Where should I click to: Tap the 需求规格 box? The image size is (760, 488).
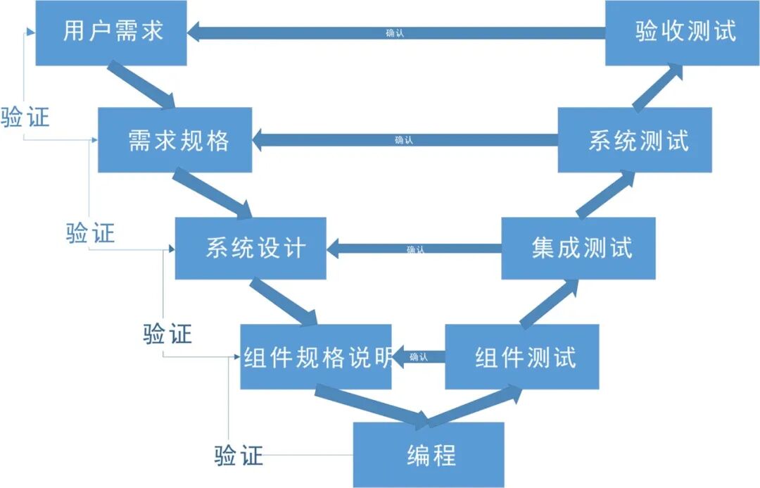click(x=175, y=139)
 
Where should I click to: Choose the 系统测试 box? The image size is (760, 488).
click(x=634, y=139)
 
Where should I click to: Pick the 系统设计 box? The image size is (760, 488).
click(x=251, y=248)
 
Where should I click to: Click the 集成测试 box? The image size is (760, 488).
click(x=578, y=248)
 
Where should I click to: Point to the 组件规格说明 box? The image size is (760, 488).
click(x=315, y=356)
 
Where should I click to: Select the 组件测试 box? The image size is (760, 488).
click(x=521, y=356)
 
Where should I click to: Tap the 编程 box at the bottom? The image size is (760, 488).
click(x=428, y=454)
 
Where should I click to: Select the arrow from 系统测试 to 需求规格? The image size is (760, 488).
click(x=405, y=140)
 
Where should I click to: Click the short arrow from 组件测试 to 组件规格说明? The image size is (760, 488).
click(x=418, y=357)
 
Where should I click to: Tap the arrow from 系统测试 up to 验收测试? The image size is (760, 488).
click(x=657, y=88)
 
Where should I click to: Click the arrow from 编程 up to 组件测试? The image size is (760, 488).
click(x=476, y=407)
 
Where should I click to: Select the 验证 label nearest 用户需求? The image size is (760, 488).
click(x=25, y=118)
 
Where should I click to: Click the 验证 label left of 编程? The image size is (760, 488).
click(x=239, y=456)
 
